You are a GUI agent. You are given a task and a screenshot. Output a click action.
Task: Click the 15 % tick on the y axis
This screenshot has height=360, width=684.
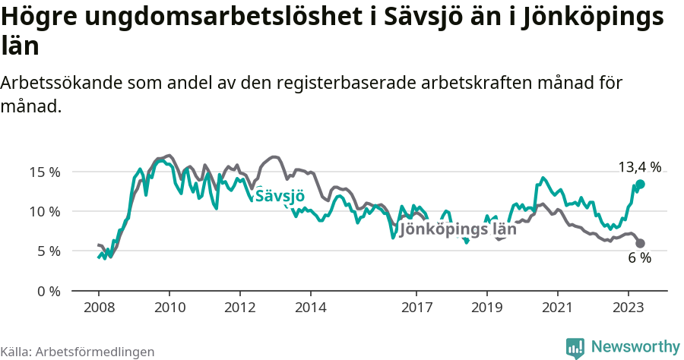click(45, 172)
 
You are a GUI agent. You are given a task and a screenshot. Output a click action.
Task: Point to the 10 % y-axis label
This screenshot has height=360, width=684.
click(45, 211)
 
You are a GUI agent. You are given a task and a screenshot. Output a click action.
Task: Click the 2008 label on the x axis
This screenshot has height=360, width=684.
click(99, 308)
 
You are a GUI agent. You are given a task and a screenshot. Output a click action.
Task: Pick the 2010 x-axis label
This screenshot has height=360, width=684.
click(169, 308)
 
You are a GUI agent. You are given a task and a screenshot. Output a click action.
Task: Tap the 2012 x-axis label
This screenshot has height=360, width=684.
click(240, 308)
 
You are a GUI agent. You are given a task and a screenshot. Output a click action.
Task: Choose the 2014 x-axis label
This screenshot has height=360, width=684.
click(311, 308)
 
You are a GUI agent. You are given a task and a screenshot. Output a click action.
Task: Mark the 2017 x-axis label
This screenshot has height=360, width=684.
click(416, 308)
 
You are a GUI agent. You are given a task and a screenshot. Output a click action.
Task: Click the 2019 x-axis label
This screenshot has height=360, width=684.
click(487, 308)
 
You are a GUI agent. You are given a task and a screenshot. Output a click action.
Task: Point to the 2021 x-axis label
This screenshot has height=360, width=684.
click(558, 308)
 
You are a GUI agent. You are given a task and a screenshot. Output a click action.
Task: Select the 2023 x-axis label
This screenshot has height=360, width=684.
click(629, 308)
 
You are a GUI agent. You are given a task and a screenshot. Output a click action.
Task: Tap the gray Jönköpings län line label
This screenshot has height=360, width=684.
click(458, 229)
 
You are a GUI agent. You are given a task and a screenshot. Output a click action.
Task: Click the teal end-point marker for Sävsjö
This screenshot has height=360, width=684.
click(640, 185)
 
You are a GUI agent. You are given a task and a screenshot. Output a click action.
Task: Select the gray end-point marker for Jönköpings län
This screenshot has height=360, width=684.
click(640, 243)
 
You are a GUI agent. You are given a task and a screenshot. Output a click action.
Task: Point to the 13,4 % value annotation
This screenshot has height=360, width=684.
click(639, 167)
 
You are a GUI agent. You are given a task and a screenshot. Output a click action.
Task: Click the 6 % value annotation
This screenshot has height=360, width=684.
click(639, 258)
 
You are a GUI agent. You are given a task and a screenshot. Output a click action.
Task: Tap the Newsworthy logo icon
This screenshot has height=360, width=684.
click(575, 347)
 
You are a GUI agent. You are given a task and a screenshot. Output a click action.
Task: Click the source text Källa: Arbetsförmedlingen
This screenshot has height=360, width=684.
click(78, 352)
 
